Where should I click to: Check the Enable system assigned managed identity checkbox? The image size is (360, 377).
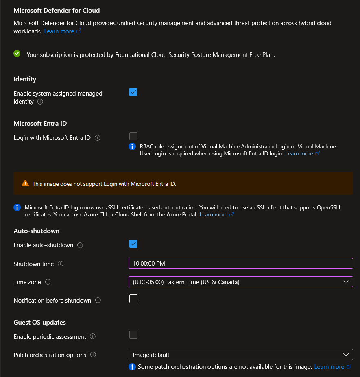click(x=133, y=92)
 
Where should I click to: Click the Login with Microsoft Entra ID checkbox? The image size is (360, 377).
click(x=133, y=136)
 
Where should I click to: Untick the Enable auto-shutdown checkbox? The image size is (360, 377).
click(x=133, y=244)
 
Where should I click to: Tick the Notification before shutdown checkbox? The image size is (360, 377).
click(x=133, y=299)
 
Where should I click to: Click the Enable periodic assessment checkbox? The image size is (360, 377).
click(x=133, y=335)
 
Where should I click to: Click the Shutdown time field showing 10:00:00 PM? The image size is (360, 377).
click(x=240, y=264)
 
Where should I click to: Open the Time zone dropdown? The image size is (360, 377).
click(x=240, y=282)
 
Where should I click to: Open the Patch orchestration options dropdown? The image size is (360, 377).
click(x=240, y=355)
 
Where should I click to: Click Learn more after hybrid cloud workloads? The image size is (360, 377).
click(x=59, y=31)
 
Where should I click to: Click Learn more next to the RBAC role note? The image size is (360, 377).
click(x=299, y=154)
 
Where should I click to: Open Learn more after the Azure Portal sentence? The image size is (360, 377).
click(x=213, y=214)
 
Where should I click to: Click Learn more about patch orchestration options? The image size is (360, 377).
click(x=329, y=367)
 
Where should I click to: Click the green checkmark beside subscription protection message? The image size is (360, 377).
click(x=17, y=53)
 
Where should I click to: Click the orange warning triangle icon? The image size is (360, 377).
click(x=25, y=183)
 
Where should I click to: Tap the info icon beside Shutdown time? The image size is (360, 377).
click(x=61, y=264)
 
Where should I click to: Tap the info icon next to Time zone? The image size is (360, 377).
click(x=48, y=282)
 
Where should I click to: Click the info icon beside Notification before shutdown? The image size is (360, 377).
click(x=98, y=301)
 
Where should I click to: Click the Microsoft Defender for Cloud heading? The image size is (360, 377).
click(x=57, y=10)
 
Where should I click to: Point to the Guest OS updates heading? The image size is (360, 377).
click(x=39, y=323)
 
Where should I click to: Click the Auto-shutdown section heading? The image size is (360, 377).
click(x=37, y=231)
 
